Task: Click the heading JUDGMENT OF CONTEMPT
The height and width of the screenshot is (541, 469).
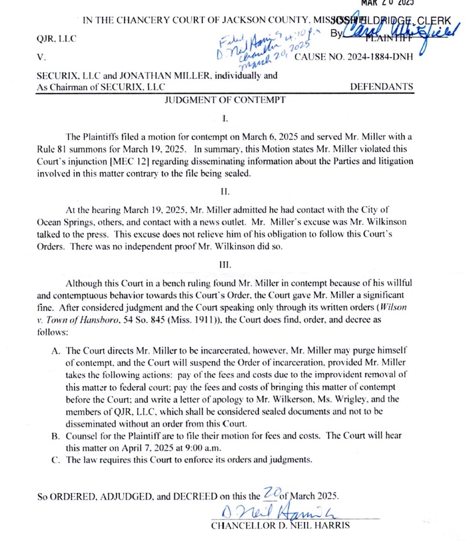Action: tap(224, 100)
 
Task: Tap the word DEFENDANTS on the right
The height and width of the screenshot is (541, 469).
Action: tap(382, 87)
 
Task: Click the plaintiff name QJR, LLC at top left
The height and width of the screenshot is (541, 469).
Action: tap(57, 38)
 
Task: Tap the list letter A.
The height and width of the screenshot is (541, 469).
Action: tap(55, 351)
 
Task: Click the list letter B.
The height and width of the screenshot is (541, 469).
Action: tap(55, 435)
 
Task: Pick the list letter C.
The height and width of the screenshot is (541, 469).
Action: tap(55, 459)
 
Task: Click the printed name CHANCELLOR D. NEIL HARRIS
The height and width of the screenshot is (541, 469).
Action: tap(280, 526)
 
